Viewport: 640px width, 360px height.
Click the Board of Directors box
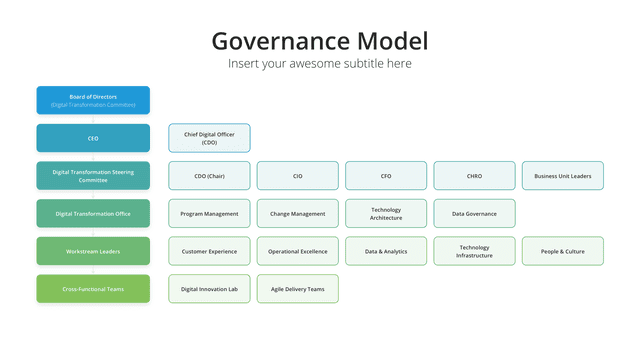coord(93,100)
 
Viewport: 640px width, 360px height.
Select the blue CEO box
coord(93,138)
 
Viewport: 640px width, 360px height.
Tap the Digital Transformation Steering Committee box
coord(93,176)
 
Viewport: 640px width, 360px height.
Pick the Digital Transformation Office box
coord(93,213)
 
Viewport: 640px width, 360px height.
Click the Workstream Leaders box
coord(93,251)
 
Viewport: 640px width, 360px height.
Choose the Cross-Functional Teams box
coord(93,289)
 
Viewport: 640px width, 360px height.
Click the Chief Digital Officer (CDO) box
coord(209,138)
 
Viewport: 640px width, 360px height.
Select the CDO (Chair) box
coord(209,176)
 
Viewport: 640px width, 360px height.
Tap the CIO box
coord(298,176)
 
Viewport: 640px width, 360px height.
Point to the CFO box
coord(386,176)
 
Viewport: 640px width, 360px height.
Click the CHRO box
coord(474,176)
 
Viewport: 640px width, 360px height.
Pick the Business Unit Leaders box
coord(563,176)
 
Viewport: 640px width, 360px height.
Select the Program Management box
coord(209,213)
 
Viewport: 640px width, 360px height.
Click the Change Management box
coord(298,213)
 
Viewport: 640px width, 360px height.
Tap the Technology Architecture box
coord(386,213)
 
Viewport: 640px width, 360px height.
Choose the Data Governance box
coord(474,213)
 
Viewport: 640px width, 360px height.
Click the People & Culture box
coord(563,251)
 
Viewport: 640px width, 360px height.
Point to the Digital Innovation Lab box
coord(209,289)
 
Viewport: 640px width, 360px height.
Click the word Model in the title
coord(393,41)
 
